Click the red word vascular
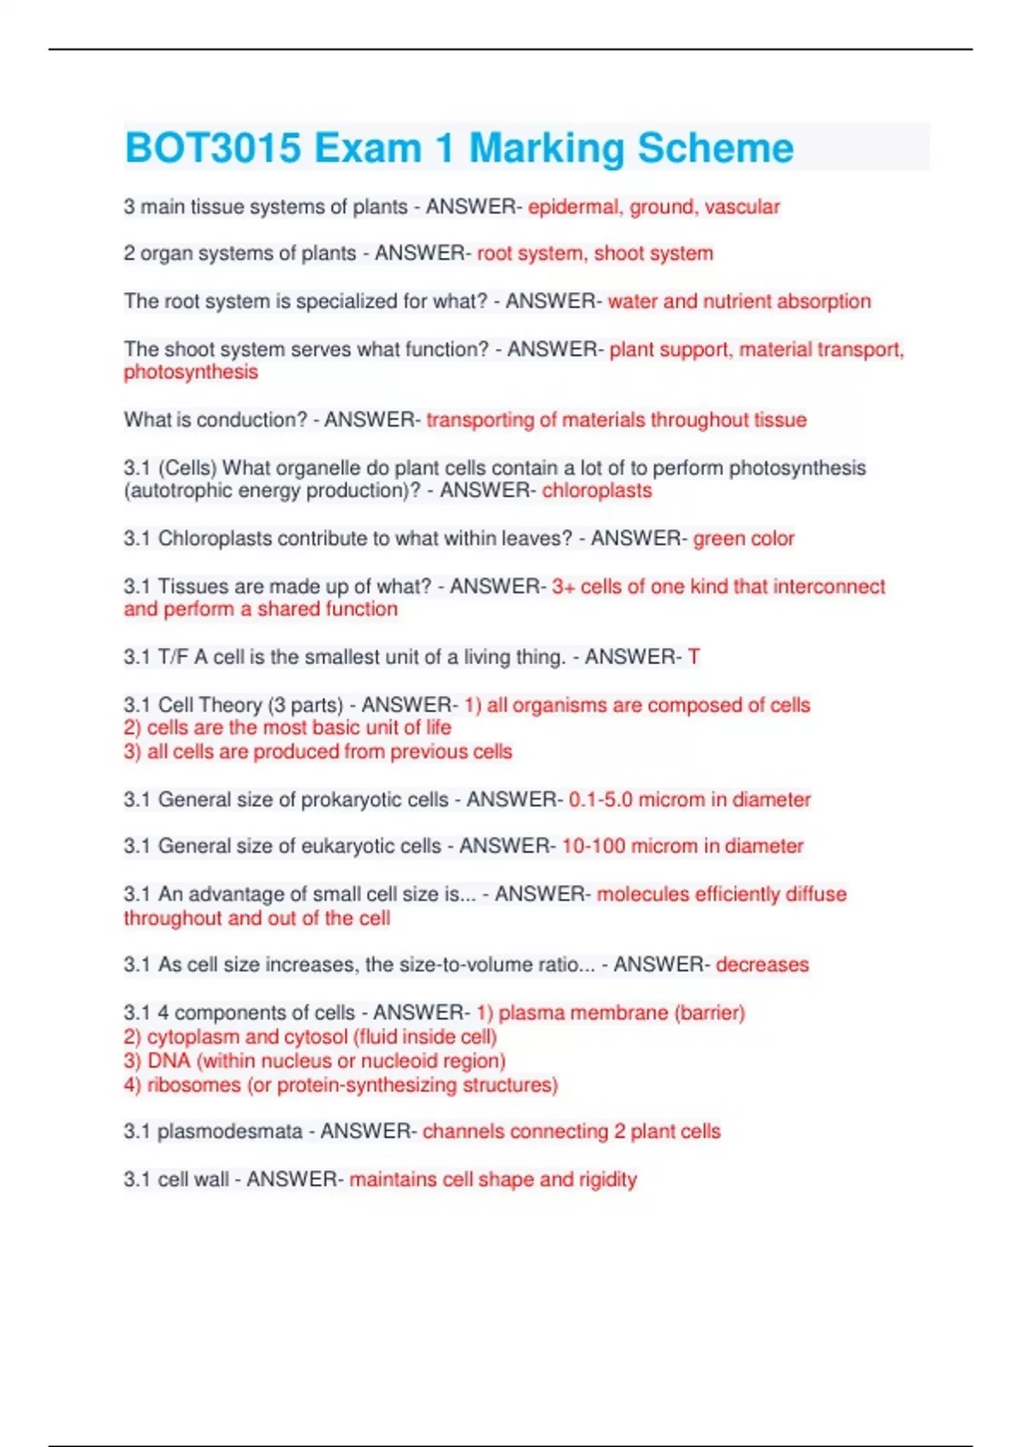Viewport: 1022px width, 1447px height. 742,207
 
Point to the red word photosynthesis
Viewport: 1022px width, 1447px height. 191,372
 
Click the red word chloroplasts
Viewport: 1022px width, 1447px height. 597,490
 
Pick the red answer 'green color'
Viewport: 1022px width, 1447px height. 744,538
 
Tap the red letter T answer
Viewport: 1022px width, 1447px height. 694,656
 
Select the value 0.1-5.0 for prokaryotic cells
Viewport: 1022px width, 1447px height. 600,799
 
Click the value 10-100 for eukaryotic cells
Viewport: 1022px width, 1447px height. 594,846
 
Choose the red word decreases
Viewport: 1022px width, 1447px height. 762,964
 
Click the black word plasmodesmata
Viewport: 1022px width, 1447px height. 230,1131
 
